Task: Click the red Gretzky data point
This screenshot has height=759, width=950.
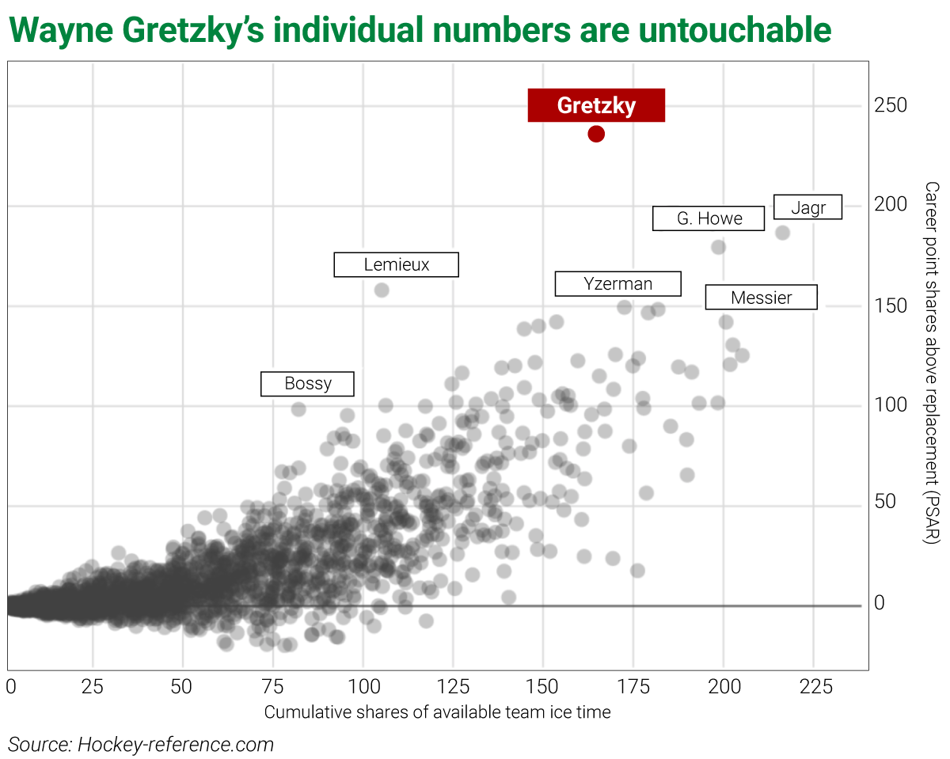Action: tap(596, 134)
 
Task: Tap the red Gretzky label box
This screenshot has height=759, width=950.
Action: tap(596, 105)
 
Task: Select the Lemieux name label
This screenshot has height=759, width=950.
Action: tap(396, 264)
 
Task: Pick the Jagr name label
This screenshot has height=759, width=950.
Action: tap(807, 207)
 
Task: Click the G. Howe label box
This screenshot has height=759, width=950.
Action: tap(709, 218)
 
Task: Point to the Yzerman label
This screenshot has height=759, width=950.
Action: tap(617, 283)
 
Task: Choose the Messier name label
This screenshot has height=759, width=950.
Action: tap(761, 298)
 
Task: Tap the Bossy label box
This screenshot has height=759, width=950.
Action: tap(307, 384)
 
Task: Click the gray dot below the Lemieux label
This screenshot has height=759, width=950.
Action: tap(382, 290)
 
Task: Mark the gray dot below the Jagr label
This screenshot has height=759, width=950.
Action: tap(782, 233)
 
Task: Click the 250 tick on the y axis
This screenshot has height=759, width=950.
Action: tap(890, 105)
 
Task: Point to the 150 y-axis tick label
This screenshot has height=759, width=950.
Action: tap(890, 305)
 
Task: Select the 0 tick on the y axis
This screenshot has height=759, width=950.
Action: tap(879, 603)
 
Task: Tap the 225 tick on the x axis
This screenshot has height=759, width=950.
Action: tap(815, 686)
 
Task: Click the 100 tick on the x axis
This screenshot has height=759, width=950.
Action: tap(363, 686)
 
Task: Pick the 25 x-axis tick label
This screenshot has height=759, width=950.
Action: tap(93, 686)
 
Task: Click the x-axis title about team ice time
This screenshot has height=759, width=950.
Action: tap(437, 712)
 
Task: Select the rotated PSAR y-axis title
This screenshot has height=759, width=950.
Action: tap(932, 362)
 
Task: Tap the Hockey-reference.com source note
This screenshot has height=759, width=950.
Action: tap(141, 744)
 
